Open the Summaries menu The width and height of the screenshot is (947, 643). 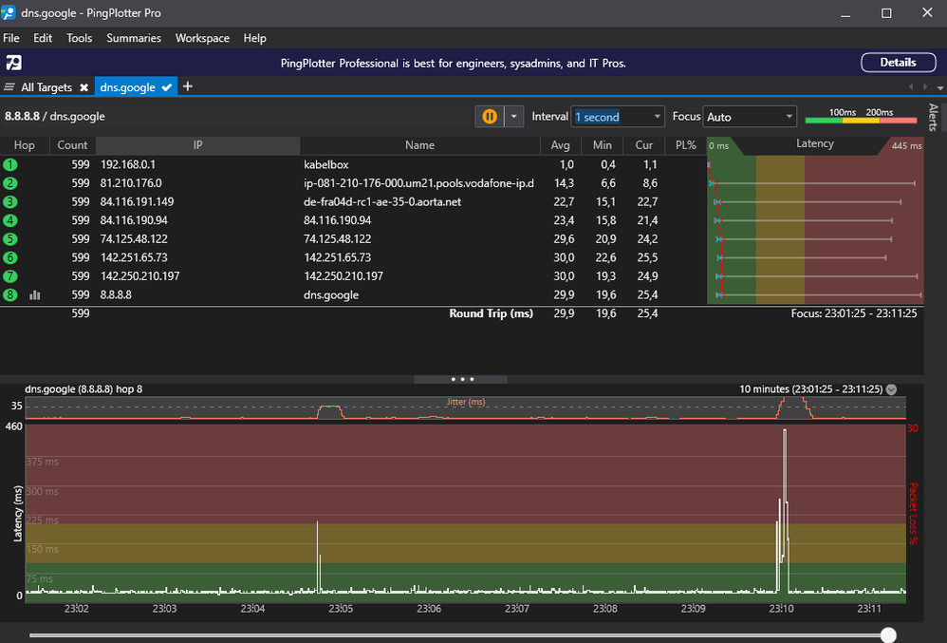click(x=134, y=38)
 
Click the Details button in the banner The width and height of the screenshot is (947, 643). click(x=897, y=63)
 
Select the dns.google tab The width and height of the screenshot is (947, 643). click(x=128, y=87)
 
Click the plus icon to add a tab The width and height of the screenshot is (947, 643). click(x=188, y=86)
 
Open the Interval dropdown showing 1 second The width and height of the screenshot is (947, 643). click(x=618, y=117)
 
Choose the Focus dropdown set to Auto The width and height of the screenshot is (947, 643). click(x=750, y=117)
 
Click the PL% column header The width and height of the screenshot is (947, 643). click(x=685, y=145)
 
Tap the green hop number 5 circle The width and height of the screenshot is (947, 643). click(x=10, y=238)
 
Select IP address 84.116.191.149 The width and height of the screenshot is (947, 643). click(x=138, y=201)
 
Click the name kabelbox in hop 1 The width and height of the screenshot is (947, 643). click(x=325, y=164)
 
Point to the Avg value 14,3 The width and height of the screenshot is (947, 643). click(x=562, y=182)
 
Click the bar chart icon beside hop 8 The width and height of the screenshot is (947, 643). click(x=35, y=294)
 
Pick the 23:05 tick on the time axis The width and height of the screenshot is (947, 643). click(x=340, y=609)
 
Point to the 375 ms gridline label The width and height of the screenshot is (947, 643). click(x=43, y=463)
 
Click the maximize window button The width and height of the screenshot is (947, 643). click(x=886, y=12)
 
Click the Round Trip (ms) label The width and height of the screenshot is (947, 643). click(x=491, y=313)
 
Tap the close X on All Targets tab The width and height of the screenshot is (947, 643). click(x=84, y=87)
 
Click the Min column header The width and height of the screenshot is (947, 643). click(x=602, y=145)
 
